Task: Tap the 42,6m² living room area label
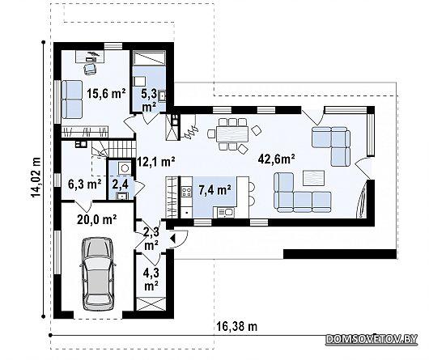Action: [276, 159]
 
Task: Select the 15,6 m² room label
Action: [106, 93]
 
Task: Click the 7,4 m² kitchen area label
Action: [214, 190]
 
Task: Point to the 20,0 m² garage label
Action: [97, 219]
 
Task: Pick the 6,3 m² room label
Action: [84, 184]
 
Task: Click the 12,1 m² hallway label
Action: [155, 162]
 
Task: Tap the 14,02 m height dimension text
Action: [36, 177]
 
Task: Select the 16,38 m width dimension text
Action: [237, 326]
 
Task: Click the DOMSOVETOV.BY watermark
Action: [372, 339]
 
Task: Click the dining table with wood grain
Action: [232, 134]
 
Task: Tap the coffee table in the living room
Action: [313, 178]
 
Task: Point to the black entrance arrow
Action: [172, 239]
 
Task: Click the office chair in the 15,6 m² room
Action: [90, 68]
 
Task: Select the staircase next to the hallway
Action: [113, 150]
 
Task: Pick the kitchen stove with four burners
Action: [187, 191]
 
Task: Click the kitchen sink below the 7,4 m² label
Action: [227, 213]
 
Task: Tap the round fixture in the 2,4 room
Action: [125, 168]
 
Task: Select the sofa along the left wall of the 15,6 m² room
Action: [72, 100]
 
